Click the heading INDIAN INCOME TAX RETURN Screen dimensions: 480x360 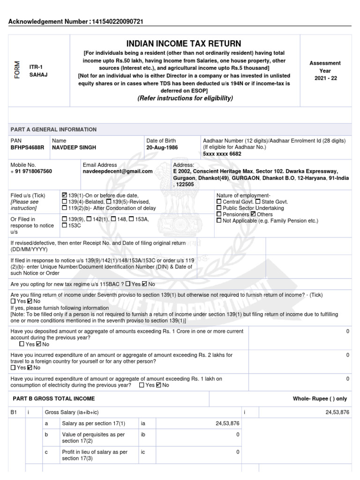[x=183, y=44]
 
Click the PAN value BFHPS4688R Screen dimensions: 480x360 [x=27, y=147]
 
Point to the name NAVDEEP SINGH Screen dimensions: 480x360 [x=74, y=147]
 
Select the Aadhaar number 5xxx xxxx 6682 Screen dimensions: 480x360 [x=222, y=154]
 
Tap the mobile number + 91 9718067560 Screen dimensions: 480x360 [x=31, y=172]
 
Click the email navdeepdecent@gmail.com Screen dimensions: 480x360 [x=118, y=172]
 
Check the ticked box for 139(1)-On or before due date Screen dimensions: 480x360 [x=64, y=195]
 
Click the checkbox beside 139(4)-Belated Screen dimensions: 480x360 [x=64, y=202]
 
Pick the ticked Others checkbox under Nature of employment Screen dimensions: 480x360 [x=253, y=214]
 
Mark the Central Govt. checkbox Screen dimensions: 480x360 [x=219, y=202]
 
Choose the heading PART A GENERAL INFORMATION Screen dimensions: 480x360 [x=53, y=129]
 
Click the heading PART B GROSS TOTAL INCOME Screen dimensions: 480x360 [x=54, y=398]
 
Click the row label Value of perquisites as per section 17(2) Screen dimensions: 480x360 [x=93, y=438]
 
